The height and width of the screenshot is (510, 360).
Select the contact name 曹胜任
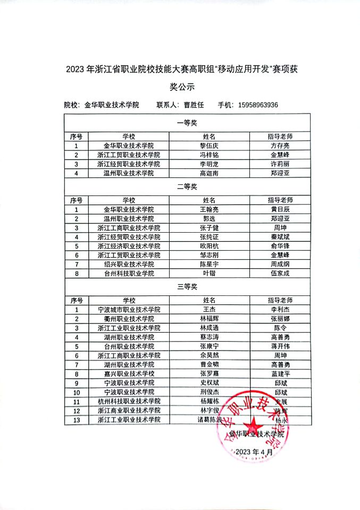[x=194, y=105]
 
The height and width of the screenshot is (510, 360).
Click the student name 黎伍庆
[x=208, y=146]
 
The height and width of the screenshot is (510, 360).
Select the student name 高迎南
[x=208, y=173]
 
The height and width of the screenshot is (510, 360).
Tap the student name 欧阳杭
[x=208, y=246]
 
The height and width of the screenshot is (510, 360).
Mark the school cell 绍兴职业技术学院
[x=129, y=264]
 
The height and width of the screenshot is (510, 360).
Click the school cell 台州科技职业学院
[x=129, y=273]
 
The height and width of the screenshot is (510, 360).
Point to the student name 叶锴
[x=208, y=273]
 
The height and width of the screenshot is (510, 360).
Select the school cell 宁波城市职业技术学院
[x=129, y=309]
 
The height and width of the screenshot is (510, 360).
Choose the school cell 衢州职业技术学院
[x=129, y=319]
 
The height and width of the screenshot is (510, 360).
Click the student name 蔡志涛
[x=208, y=337]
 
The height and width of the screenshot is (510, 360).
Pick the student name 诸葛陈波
[x=208, y=420]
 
